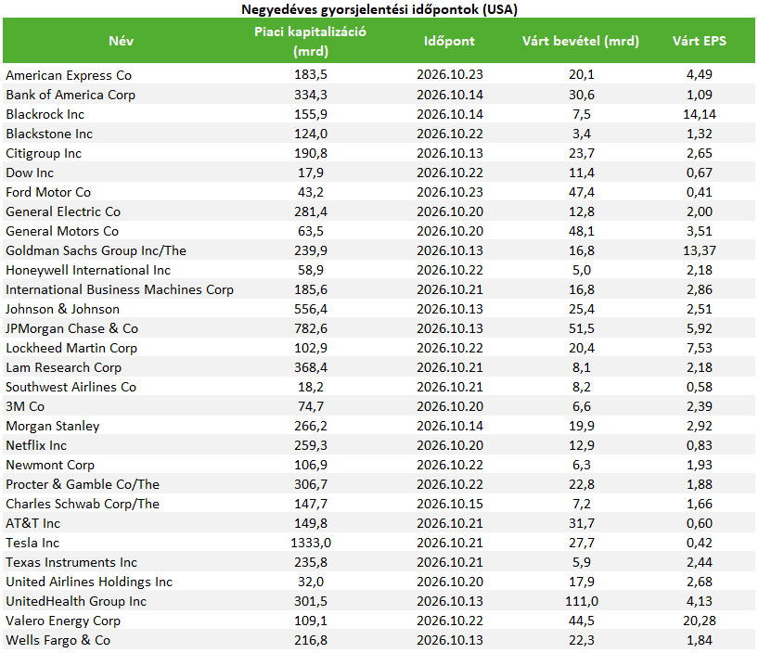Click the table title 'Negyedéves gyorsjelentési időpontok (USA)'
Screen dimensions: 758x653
379,9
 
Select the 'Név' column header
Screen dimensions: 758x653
121,41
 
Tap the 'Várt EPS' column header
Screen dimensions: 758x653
699,41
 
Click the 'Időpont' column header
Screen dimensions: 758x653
449,41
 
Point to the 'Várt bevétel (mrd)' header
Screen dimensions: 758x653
581,41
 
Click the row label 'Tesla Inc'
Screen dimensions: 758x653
32,543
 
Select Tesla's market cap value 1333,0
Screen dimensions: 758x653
311,543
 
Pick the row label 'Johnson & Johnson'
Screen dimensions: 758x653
62,309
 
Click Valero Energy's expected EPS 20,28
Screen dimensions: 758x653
700,621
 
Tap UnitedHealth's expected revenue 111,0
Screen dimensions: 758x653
582,601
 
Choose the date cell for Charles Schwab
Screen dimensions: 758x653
450,504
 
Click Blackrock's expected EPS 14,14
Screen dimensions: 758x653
700,114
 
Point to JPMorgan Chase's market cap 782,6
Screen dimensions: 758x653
311,328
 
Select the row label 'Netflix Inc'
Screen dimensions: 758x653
36,445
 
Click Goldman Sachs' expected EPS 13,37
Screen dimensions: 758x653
700,250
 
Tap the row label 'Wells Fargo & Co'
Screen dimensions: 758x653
58,640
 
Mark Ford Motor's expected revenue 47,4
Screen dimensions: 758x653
582,192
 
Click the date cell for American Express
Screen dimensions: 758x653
450,74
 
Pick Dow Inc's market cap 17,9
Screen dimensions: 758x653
311,173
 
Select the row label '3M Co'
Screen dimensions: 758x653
25,406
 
